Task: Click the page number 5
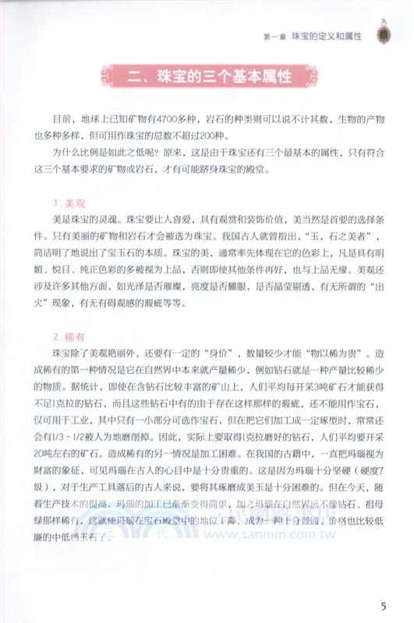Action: tap(382, 606)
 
